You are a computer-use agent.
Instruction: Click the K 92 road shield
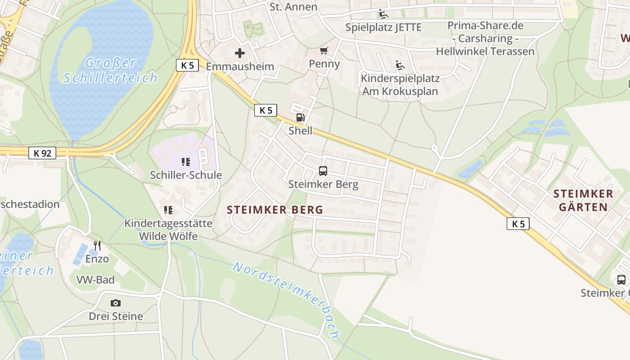click(43, 153)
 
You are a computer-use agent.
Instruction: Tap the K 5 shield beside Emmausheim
click(187, 65)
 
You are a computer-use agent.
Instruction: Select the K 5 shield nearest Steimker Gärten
click(518, 224)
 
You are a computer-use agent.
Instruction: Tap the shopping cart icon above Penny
click(324, 50)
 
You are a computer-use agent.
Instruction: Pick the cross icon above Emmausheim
click(240, 53)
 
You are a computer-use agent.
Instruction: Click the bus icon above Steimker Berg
click(323, 171)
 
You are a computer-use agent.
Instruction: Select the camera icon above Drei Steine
click(116, 303)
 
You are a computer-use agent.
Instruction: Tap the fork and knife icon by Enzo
click(97, 246)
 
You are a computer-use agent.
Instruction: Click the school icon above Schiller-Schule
click(186, 162)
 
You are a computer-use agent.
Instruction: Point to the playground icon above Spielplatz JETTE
click(383, 14)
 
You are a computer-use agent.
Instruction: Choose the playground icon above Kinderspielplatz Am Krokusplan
click(400, 65)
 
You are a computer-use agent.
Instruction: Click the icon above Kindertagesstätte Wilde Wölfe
click(168, 210)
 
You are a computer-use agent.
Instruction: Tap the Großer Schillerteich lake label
click(110, 70)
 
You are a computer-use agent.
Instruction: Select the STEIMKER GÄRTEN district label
click(583, 200)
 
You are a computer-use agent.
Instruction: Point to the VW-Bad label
click(95, 280)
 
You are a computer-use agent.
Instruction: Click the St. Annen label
click(293, 7)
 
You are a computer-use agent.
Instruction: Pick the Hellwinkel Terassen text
click(485, 51)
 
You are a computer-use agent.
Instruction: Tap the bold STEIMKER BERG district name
click(275, 210)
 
